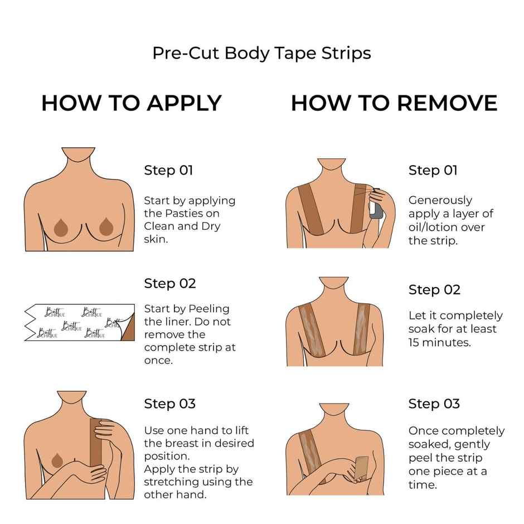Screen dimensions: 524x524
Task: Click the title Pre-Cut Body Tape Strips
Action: click(261, 53)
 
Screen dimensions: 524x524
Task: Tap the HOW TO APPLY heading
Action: click(132, 103)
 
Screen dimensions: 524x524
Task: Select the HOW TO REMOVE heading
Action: click(394, 103)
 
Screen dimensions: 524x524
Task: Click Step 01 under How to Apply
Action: click(168, 170)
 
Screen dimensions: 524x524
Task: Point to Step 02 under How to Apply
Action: click(170, 283)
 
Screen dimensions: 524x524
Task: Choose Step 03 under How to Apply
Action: click(170, 404)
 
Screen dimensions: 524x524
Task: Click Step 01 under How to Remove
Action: click(433, 170)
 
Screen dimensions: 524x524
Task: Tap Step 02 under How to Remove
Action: click(434, 290)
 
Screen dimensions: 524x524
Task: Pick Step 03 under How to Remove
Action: click(434, 404)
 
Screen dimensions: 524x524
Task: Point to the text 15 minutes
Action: click(439, 342)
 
